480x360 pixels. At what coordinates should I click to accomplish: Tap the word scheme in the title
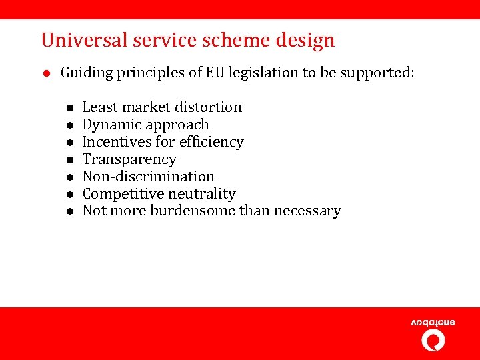point(216,41)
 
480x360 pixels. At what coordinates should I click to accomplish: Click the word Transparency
point(129,159)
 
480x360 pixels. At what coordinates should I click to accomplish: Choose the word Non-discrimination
point(148,177)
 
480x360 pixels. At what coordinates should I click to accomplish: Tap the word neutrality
point(205,194)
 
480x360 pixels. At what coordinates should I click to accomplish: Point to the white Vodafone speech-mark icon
point(433,341)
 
